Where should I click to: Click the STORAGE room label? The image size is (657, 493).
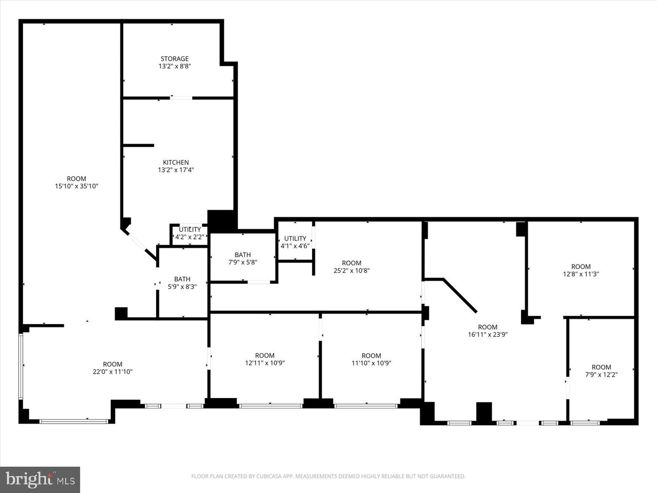[x=174, y=59]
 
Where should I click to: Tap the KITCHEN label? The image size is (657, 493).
[x=176, y=163]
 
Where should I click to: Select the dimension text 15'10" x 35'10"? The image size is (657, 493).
[x=77, y=186]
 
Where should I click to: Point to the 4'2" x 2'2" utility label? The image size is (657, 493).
[x=190, y=237]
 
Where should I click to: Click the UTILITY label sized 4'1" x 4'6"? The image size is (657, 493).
[x=295, y=239]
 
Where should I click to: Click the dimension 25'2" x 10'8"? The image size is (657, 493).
[x=352, y=271]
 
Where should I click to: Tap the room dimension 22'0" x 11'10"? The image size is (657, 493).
[x=113, y=372]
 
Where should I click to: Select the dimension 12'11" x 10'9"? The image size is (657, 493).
[x=265, y=363]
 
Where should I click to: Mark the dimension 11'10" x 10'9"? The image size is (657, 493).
[x=371, y=363]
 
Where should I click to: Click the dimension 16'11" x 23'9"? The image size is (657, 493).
[x=488, y=335]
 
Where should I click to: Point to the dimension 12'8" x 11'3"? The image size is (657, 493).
[x=581, y=274]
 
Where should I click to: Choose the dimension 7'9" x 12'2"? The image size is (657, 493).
[x=602, y=374]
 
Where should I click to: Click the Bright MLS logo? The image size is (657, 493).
[x=40, y=479]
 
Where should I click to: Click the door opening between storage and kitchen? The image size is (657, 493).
[x=181, y=98]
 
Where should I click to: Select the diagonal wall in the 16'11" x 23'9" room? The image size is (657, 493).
[x=460, y=296]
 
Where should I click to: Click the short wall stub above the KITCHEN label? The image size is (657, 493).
[x=139, y=146]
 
